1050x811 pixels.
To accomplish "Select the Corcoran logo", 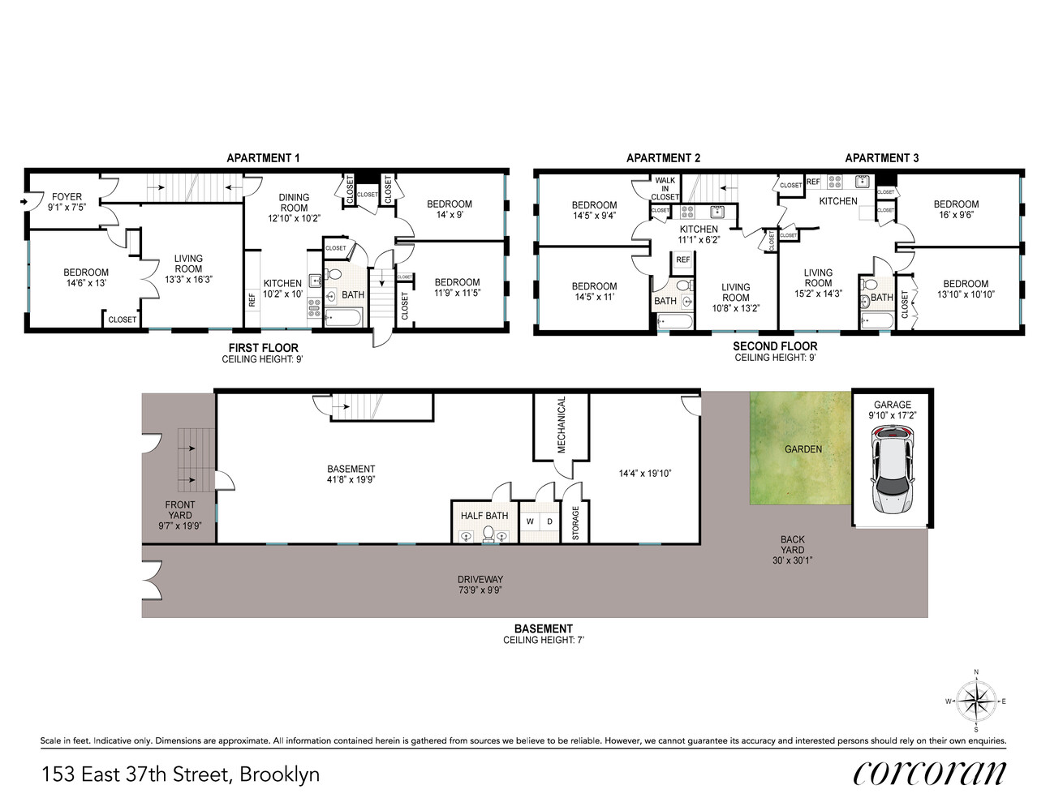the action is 929,775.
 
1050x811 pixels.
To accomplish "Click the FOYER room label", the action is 67,196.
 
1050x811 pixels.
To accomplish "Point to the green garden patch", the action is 800,448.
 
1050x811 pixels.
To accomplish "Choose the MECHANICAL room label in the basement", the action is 561,425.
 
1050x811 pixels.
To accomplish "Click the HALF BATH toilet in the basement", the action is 488,534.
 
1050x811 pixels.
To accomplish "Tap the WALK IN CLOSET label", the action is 665,188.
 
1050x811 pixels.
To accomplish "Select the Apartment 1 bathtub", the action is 342,318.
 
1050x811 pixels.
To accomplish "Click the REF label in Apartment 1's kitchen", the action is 252,300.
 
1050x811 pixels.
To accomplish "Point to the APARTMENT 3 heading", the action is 881,158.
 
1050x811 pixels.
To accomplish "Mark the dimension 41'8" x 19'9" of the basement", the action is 351,479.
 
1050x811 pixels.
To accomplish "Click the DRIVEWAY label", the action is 480,579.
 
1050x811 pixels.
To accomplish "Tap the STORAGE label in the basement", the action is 575,523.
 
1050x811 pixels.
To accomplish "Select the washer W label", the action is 530,521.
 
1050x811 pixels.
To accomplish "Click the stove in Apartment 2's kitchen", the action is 687,212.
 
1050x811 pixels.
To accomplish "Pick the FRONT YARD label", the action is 180,510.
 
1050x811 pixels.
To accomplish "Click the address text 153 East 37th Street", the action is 136,775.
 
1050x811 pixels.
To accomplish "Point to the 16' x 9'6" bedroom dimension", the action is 956,215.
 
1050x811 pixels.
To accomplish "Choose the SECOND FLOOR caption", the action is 775,346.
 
